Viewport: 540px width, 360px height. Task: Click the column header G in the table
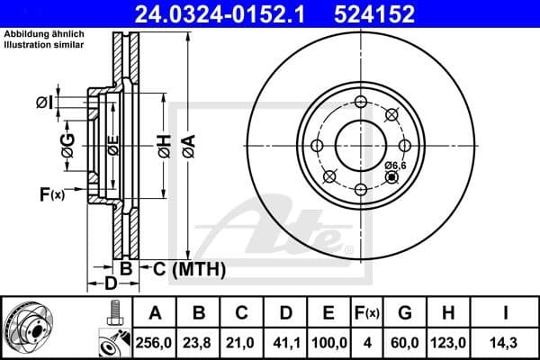405,312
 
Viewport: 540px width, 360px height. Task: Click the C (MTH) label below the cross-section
184,269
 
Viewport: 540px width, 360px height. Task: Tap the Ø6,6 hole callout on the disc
396,166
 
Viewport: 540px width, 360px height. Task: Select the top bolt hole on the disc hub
361,102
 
